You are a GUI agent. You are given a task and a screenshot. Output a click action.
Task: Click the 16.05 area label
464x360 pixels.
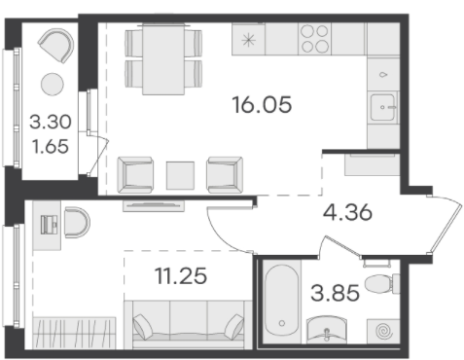tap(262, 105)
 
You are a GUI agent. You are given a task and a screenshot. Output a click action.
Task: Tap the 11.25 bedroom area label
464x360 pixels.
tap(181, 276)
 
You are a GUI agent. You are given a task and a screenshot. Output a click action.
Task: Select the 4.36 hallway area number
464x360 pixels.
tap(347, 213)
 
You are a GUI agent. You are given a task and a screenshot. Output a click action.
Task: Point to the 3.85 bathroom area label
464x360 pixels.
tap(335, 293)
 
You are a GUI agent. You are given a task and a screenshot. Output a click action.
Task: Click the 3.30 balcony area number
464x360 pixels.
tap(51, 122)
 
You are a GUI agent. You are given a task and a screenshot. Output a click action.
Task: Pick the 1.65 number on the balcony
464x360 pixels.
tap(51, 146)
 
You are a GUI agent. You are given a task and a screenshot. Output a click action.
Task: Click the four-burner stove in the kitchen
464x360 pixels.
tap(314, 39)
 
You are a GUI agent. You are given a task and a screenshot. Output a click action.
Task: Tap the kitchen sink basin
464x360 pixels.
tap(383, 107)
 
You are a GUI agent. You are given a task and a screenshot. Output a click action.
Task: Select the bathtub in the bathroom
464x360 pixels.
tap(282, 301)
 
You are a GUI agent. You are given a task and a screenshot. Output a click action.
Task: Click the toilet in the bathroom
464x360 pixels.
tap(382, 284)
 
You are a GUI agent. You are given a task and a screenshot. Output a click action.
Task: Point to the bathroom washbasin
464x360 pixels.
tap(327, 330)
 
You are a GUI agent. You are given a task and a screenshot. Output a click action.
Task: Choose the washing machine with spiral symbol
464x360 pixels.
tap(383, 331)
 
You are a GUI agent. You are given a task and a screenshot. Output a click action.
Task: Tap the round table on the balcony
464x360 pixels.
tap(53, 85)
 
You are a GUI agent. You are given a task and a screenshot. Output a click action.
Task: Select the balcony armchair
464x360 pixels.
tap(56, 46)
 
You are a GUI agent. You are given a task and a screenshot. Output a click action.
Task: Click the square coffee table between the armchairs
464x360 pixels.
tap(180, 175)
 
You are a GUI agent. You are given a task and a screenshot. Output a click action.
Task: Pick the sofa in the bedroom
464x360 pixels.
tap(188, 325)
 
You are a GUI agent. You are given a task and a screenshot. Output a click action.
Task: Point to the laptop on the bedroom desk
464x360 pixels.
tap(49, 225)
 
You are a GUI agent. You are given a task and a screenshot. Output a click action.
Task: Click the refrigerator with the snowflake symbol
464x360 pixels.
tap(249, 39)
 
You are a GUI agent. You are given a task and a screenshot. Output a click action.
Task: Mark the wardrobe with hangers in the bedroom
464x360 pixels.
tap(74, 333)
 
